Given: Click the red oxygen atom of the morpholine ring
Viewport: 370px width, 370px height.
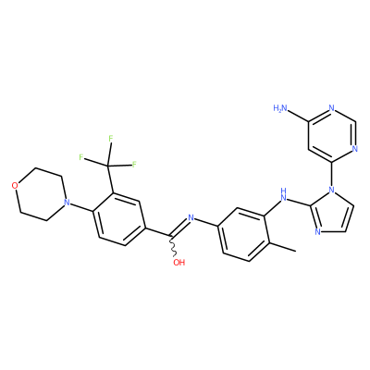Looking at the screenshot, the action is point(14,185).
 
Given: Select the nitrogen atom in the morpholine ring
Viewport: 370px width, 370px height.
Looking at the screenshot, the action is point(66,203).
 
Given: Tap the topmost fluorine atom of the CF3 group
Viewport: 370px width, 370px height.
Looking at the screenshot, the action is point(110,139).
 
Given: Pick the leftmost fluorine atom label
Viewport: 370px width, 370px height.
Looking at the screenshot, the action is point(81,157).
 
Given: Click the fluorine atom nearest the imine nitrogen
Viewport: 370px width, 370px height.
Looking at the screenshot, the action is point(134,164).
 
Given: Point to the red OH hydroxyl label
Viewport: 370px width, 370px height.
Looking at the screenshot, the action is point(179,263).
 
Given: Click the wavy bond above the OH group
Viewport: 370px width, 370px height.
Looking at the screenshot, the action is point(173,246).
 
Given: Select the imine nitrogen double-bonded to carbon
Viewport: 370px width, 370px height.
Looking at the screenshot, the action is point(191,218).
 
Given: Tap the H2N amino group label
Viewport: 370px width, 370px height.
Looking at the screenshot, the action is point(280,108).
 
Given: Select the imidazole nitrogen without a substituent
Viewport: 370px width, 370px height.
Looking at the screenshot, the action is point(317,232).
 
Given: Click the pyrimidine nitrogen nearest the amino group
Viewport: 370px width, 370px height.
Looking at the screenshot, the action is point(331,108).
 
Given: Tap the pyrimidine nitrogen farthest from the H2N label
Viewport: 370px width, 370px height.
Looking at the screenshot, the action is point(354,148).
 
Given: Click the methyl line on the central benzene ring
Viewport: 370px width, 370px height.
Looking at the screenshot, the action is point(282,247).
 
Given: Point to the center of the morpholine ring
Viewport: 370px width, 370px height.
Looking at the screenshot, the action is point(40,194).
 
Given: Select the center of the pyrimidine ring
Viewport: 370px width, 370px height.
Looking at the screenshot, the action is point(331,135).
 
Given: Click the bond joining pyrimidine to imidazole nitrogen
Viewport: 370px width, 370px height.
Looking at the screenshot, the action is point(331,173).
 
